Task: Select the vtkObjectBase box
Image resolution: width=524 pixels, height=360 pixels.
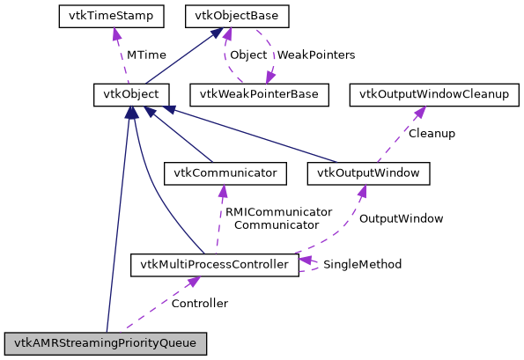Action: point(225,15)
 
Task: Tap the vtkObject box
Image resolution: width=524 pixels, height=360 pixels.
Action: point(131,93)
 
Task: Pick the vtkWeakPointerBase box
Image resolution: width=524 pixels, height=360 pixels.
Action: point(263,93)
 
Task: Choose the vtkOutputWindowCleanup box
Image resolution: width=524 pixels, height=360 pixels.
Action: point(431,93)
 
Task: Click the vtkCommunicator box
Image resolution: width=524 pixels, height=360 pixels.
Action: point(231,173)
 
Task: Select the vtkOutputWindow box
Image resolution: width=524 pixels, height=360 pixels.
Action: point(369,173)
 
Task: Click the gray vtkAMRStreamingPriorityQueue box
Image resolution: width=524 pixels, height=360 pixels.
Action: point(106,343)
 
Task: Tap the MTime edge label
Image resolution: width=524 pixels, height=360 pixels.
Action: point(146,55)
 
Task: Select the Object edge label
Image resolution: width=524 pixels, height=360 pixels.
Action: point(248,55)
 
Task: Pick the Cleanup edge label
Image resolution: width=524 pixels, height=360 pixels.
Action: point(431,133)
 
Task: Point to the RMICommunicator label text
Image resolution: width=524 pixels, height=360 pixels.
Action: point(277,212)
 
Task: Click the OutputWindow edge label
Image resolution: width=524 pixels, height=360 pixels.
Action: point(401,218)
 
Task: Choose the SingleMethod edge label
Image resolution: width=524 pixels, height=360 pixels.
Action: point(362,264)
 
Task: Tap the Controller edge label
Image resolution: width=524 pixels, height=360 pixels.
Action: point(199,304)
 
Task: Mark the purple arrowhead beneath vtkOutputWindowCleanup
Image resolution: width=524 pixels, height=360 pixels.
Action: point(421,111)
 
